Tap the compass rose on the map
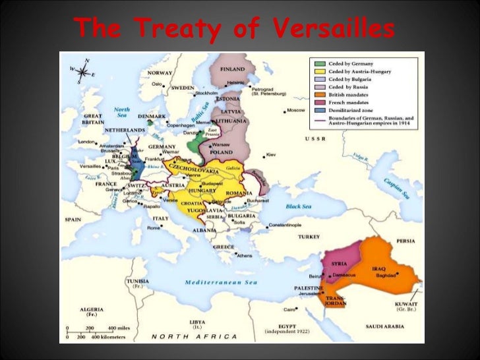[83, 71]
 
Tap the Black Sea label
[297, 206]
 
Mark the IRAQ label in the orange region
[378, 269]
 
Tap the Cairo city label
[289, 309]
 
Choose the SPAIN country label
[73, 219]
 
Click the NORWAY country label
[160, 73]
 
